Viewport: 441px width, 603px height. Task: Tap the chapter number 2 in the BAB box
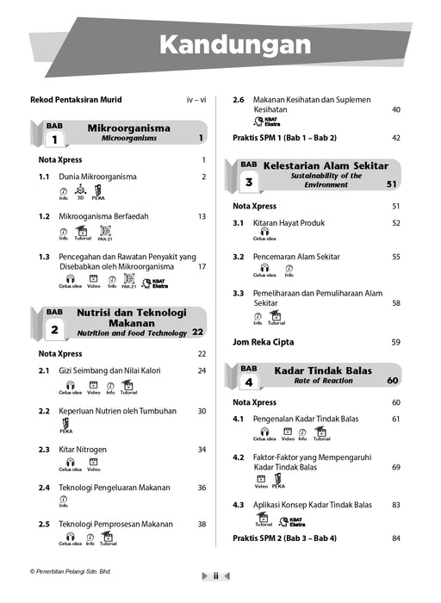click(x=54, y=329)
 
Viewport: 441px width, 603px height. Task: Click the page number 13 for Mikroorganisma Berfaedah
click(x=202, y=217)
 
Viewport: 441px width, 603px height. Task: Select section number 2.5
click(x=44, y=524)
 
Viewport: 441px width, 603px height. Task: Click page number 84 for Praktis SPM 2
click(x=396, y=539)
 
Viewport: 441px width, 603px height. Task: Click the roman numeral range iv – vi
click(x=196, y=100)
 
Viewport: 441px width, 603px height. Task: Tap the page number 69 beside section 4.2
click(x=396, y=467)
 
